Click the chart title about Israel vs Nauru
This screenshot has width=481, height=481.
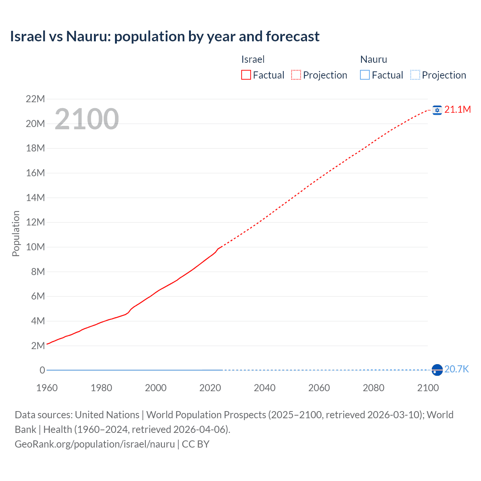point(165,36)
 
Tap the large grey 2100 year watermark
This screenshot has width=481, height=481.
point(87,119)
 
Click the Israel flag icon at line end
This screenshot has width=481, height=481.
point(437,110)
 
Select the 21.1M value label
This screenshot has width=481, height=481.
point(457,109)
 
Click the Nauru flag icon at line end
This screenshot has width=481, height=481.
point(437,370)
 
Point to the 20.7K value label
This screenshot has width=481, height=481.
point(457,369)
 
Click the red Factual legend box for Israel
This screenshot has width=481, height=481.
point(246,75)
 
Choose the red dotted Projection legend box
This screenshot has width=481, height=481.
point(296,75)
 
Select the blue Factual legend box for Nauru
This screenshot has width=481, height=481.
point(365,75)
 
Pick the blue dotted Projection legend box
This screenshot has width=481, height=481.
point(415,75)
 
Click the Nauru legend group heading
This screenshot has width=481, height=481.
point(374,59)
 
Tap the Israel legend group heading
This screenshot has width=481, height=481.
point(253,59)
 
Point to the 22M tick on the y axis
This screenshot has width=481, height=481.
point(35,99)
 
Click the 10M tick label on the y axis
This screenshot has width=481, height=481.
point(35,247)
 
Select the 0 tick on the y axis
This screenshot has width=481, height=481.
point(42,370)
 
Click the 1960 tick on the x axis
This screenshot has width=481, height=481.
point(47,388)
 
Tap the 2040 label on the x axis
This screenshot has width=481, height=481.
point(265,388)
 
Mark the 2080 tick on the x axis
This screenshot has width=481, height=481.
point(374,388)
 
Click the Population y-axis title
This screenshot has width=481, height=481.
point(16,233)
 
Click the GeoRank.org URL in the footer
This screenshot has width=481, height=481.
point(95,444)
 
